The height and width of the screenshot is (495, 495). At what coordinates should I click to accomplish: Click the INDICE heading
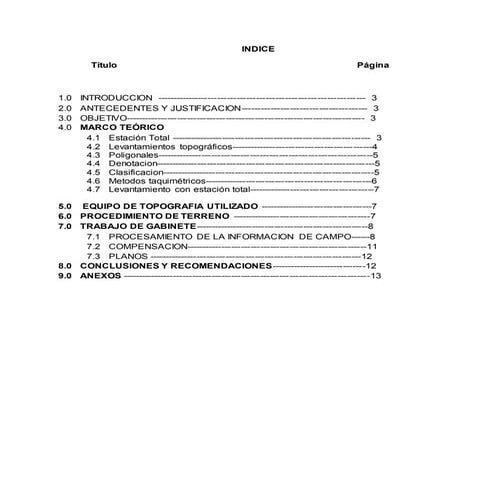(x=258, y=48)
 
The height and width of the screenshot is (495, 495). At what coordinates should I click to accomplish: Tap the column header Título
(x=104, y=64)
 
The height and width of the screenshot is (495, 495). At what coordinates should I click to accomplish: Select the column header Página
(x=373, y=64)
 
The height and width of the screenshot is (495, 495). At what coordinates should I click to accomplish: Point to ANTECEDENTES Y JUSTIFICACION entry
(x=160, y=108)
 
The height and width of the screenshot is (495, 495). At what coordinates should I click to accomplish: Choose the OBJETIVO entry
(x=103, y=118)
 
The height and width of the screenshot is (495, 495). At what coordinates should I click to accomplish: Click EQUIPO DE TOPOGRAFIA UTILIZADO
(x=169, y=205)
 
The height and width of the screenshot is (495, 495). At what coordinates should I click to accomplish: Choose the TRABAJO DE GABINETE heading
(x=138, y=226)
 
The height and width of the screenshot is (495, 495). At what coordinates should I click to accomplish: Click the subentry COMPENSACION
(x=148, y=246)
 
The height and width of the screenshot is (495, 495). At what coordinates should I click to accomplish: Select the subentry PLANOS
(x=128, y=257)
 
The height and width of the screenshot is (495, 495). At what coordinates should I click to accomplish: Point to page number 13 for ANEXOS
(x=376, y=276)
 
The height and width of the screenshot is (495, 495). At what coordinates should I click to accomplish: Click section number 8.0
(x=66, y=266)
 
